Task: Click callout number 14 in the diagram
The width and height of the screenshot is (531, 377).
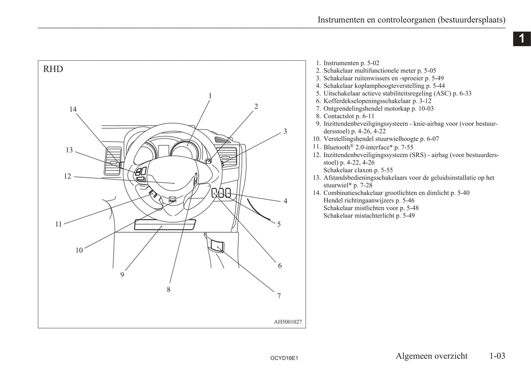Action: click(x=73, y=109)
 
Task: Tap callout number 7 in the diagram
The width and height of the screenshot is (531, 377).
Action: click(x=279, y=296)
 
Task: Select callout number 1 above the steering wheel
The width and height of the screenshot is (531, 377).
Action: click(x=210, y=96)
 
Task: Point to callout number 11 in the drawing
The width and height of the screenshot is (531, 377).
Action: click(x=58, y=224)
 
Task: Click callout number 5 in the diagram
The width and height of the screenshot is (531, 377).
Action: click(x=279, y=224)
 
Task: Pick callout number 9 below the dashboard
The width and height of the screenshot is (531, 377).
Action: click(x=122, y=274)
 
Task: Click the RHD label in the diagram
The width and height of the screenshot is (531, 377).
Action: click(x=53, y=69)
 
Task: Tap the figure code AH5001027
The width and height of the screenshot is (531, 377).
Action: click(x=288, y=322)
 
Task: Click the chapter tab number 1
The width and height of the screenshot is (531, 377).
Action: click(x=521, y=38)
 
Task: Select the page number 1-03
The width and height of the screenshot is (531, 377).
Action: click(x=497, y=356)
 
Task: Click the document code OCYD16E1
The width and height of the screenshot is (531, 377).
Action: click(x=284, y=358)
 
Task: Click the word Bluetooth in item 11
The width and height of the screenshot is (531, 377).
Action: click(x=336, y=147)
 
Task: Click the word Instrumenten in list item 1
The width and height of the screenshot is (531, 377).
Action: click(x=341, y=63)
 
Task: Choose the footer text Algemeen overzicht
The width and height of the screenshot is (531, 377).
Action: click(x=431, y=356)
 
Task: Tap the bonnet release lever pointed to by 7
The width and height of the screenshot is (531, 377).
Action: click(x=217, y=245)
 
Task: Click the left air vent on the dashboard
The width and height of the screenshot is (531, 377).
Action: click(x=112, y=161)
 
